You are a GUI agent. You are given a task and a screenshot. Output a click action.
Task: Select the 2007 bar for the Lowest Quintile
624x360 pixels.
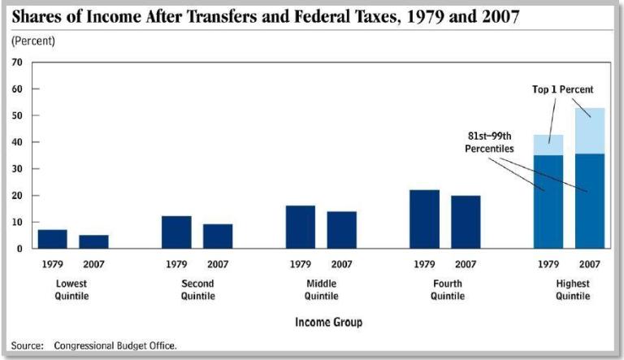tap(93, 241)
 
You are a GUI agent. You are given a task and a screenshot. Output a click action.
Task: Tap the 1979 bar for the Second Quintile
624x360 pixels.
tap(176, 232)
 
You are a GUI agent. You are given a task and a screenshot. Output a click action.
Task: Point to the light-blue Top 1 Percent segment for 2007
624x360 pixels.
tap(589, 131)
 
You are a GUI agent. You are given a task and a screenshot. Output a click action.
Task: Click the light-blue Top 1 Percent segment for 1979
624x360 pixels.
tap(548, 145)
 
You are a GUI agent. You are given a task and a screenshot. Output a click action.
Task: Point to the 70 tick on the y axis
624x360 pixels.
tap(15, 63)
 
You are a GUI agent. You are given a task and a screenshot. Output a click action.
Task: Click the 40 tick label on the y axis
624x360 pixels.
tap(15, 142)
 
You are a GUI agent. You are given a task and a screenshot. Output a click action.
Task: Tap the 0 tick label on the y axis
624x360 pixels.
tap(18, 249)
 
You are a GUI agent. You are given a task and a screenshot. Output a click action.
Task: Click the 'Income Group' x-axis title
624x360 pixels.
tap(328, 323)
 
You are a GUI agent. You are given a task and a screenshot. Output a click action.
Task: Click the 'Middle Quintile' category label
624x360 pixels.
tap(321, 289)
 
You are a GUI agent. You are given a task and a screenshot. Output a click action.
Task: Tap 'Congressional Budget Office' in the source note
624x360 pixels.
tap(115, 345)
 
